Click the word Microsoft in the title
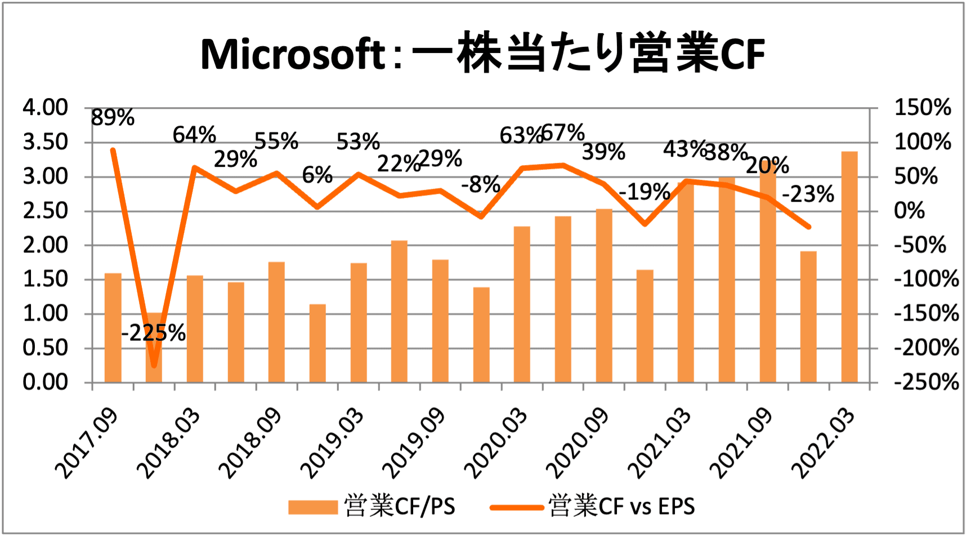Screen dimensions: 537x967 pyautogui.click(x=293, y=55)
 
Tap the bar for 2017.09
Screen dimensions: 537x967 pyautogui.click(x=113, y=327)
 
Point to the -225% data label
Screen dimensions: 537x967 pyautogui.click(x=153, y=333)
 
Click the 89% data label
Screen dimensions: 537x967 pyautogui.click(x=113, y=118)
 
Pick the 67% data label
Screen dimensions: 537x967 pyautogui.click(x=563, y=133)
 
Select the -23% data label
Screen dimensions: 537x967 pyautogui.click(x=808, y=194)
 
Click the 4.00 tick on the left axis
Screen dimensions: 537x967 pyautogui.click(x=45, y=107)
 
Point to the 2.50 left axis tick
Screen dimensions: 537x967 pyautogui.click(x=45, y=211)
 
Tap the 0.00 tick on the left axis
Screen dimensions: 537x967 pyautogui.click(x=45, y=382)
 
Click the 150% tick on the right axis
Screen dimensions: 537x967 pyautogui.click(x=923, y=107)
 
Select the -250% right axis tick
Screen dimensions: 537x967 pyautogui.click(x=926, y=382)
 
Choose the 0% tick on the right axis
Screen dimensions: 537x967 pyautogui.click(x=910, y=211)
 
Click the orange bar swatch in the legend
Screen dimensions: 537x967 pyautogui.click(x=312, y=507)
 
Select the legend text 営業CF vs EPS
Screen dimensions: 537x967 pyautogui.click(x=621, y=507)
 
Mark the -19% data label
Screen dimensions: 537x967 pyautogui.click(x=644, y=192)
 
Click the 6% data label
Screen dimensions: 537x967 pyautogui.click(x=317, y=175)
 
